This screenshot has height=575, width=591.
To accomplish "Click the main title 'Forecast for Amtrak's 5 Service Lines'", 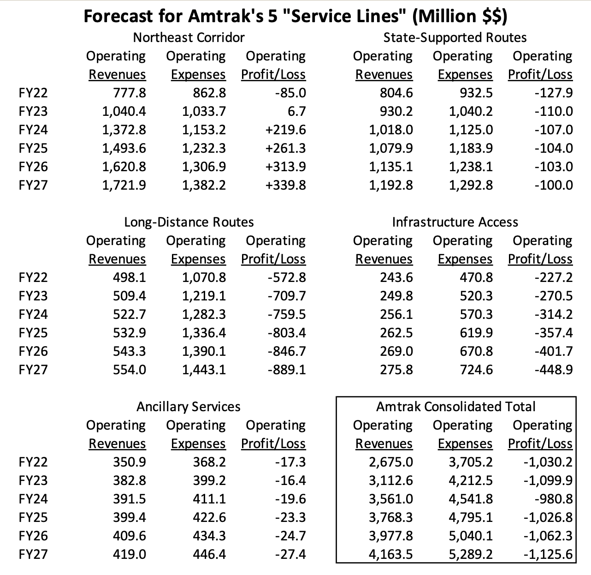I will pos(295,16).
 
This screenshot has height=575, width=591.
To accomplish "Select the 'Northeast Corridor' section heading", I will pos(189,37).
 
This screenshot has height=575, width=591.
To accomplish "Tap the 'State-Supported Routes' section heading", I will pos(455,37).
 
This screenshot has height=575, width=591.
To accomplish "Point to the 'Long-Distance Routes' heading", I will pos(189,222).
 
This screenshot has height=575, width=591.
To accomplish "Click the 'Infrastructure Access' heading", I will pos(455,222).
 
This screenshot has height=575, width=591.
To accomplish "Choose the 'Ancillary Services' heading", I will pos(189,407).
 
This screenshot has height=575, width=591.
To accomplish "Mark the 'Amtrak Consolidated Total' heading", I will pos(455,407).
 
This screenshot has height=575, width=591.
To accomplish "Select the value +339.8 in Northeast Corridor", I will pos(286,185).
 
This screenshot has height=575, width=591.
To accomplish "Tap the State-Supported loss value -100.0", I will pos(554,185).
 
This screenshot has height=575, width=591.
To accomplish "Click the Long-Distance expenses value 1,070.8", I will pos(204,277).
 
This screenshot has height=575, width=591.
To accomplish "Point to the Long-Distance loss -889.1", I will pos(286,370).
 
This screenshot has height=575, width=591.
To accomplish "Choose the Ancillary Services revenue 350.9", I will pos(130,462).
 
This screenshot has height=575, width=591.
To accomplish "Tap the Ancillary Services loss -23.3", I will pos(290,517).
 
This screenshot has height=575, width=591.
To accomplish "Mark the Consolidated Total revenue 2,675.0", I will pos(390,462).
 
